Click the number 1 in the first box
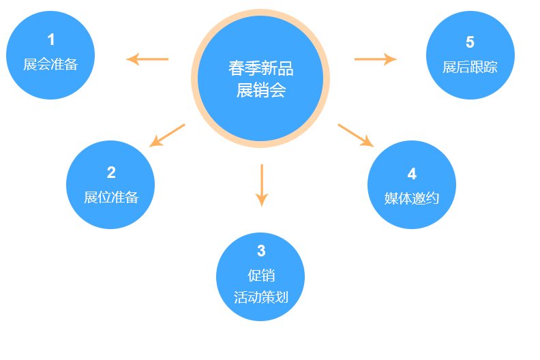51,40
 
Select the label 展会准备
50,65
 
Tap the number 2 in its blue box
111,172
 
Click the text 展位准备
111,198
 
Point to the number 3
261,250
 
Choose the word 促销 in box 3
261,275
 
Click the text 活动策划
261,297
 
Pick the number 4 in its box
412,173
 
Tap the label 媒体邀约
412,198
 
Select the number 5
470,42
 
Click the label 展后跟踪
470,67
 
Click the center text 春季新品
261,69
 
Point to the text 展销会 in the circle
261,90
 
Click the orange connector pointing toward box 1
147,59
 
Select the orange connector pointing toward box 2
167,134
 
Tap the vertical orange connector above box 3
262,185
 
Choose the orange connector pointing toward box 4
356,134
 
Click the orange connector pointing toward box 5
376,59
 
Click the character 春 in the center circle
237,69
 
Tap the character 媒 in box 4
391,198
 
